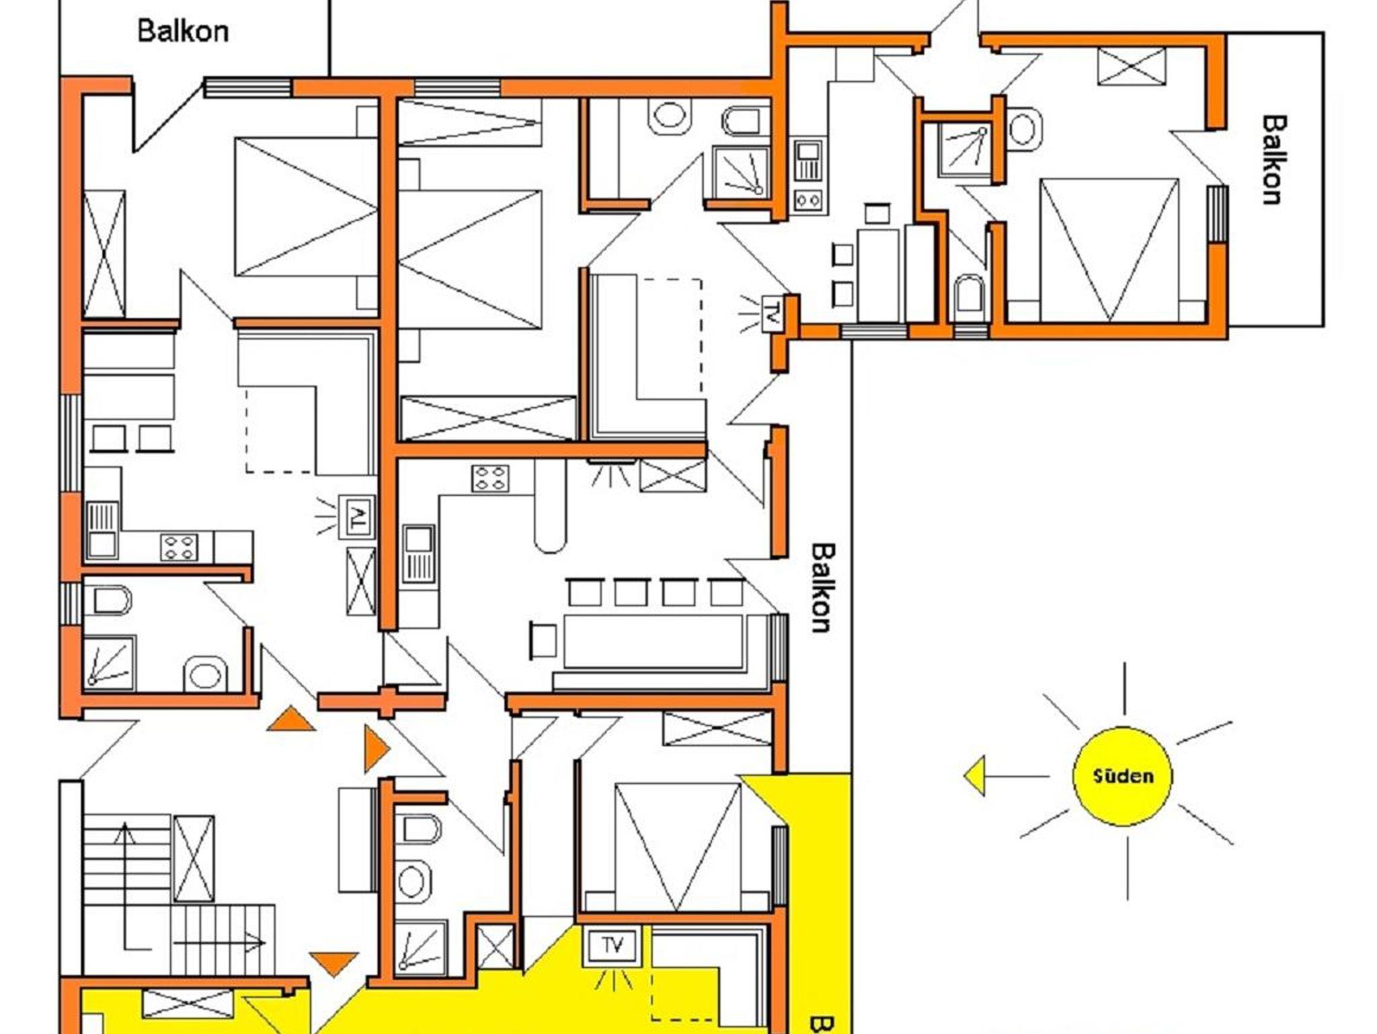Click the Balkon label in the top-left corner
tap(183, 32)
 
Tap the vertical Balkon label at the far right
tap(1273, 160)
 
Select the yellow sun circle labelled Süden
tap(1122, 776)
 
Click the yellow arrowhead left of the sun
tap(975, 776)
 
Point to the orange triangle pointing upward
tap(290, 719)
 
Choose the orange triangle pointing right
tap(377, 748)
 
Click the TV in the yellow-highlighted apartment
tap(613, 946)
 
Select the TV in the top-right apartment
tap(772, 313)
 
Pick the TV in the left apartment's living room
tap(357, 516)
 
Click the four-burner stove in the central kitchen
tap(490, 478)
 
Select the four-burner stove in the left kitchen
tap(179, 547)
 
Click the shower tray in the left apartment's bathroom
tap(109, 664)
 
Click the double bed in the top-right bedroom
tap(1109, 250)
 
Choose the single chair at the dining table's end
tap(543, 641)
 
